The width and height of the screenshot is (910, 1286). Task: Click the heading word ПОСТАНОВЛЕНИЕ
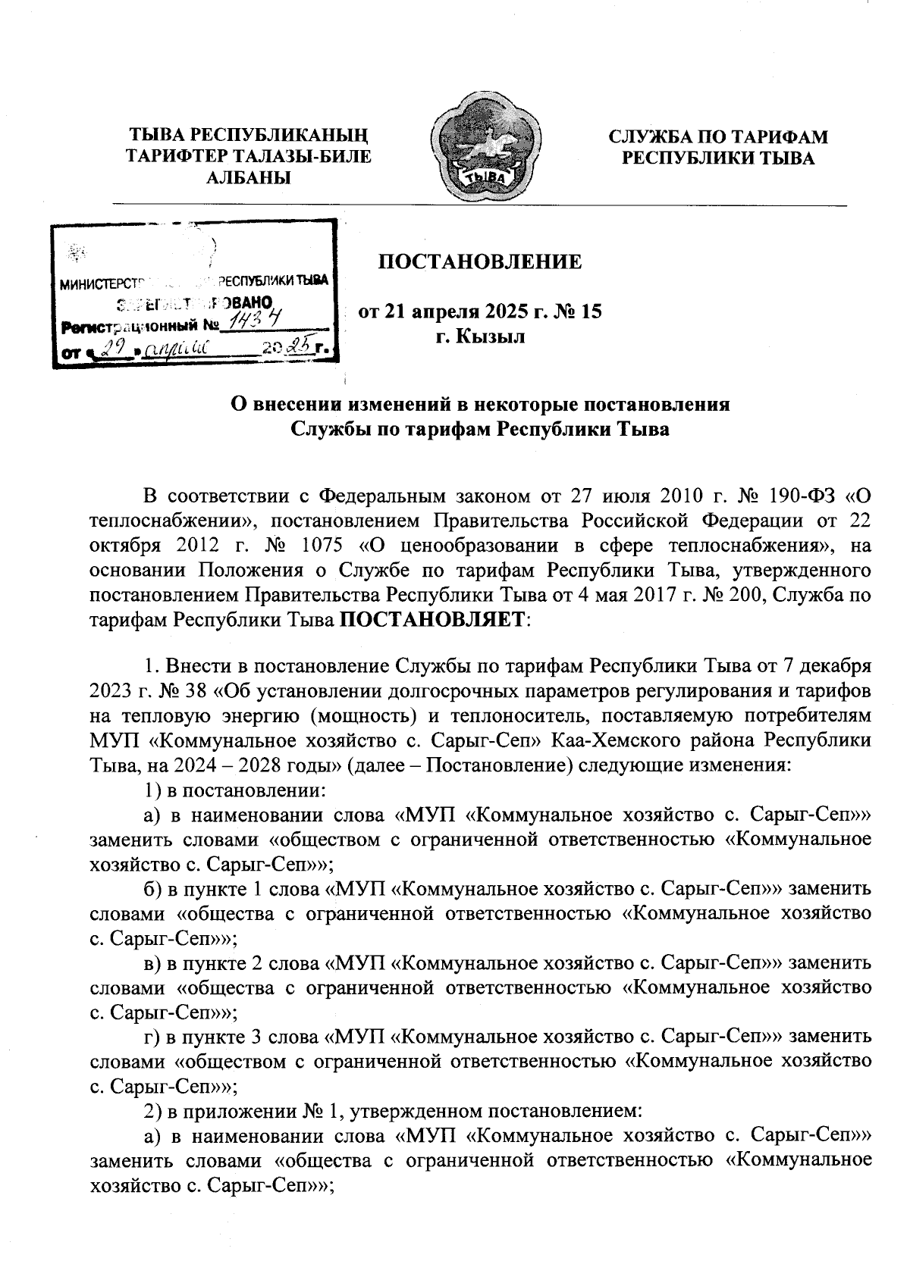(480, 262)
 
